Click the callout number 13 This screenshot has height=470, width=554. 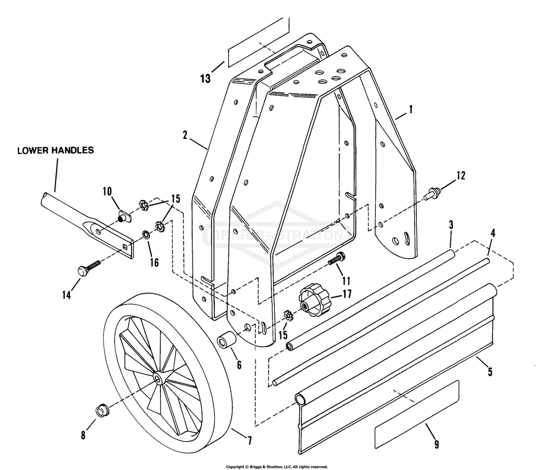[205, 78]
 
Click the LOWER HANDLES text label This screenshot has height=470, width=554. [56, 150]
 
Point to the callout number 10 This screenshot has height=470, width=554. [107, 192]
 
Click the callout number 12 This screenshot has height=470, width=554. [460, 176]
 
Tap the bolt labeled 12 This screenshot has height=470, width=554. [431, 194]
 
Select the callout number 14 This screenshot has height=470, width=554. [67, 296]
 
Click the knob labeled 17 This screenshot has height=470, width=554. [313, 301]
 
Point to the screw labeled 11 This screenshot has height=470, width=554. [336, 259]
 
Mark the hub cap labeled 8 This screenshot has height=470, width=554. [102, 412]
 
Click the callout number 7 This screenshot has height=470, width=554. [249, 441]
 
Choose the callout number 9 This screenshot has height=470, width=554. [436, 443]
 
